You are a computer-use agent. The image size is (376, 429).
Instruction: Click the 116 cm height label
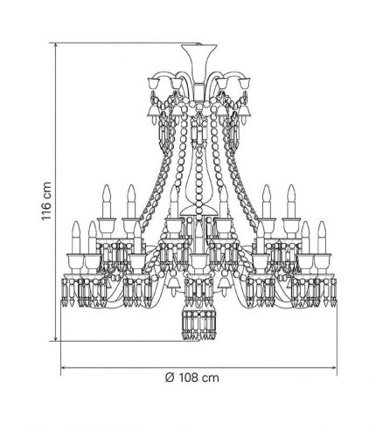[46, 201]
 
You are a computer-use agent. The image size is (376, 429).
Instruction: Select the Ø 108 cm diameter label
[191, 377]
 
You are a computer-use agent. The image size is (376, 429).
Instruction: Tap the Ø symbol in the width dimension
[170, 377]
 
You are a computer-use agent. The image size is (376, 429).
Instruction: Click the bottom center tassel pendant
[198, 325]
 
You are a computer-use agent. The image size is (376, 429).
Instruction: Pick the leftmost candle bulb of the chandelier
[76, 238]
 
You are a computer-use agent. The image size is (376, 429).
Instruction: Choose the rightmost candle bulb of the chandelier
[322, 238]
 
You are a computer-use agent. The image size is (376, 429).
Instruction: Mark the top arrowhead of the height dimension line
[55, 45]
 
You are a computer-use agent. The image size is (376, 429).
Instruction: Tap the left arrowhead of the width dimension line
[63, 368]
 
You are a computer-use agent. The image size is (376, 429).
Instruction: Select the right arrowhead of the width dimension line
[334, 368]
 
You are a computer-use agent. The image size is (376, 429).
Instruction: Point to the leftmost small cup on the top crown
[153, 83]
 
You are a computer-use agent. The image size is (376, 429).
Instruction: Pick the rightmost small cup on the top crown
[245, 83]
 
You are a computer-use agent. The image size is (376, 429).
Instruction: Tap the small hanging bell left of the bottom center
[174, 284]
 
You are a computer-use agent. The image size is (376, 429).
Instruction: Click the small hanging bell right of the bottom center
[224, 284]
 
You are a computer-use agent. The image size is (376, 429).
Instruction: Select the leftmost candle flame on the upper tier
[107, 193]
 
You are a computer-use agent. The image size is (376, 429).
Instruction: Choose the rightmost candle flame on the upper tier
[291, 193]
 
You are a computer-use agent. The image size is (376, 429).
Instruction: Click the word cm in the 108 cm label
[210, 378]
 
